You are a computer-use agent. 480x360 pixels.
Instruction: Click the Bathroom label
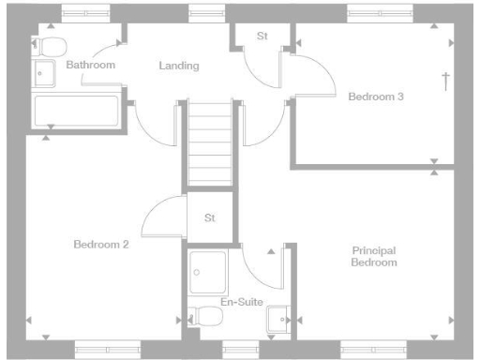pyautogui.click(x=90, y=65)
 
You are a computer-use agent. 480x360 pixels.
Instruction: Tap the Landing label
pyautogui.click(x=179, y=66)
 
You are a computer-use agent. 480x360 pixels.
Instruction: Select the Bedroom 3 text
pyautogui.click(x=376, y=96)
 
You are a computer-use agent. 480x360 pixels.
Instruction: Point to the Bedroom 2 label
pyautogui.click(x=100, y=244)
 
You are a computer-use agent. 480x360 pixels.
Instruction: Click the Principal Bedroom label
pyautogui.click(x=374, y=256)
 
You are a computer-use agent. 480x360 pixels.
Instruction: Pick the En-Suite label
pyautogui.click(x=241, y=302)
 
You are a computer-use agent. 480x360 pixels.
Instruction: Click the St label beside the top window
pyautogui.click(x=262, y=37)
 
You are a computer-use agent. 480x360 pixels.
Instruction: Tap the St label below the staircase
pyautogui.click(x=210, y=217)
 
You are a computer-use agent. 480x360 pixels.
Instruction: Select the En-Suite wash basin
pyautogui.click(x=278, y=320)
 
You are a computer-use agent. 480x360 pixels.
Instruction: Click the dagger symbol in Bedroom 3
pyautogui.click(x=445, y=81)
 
